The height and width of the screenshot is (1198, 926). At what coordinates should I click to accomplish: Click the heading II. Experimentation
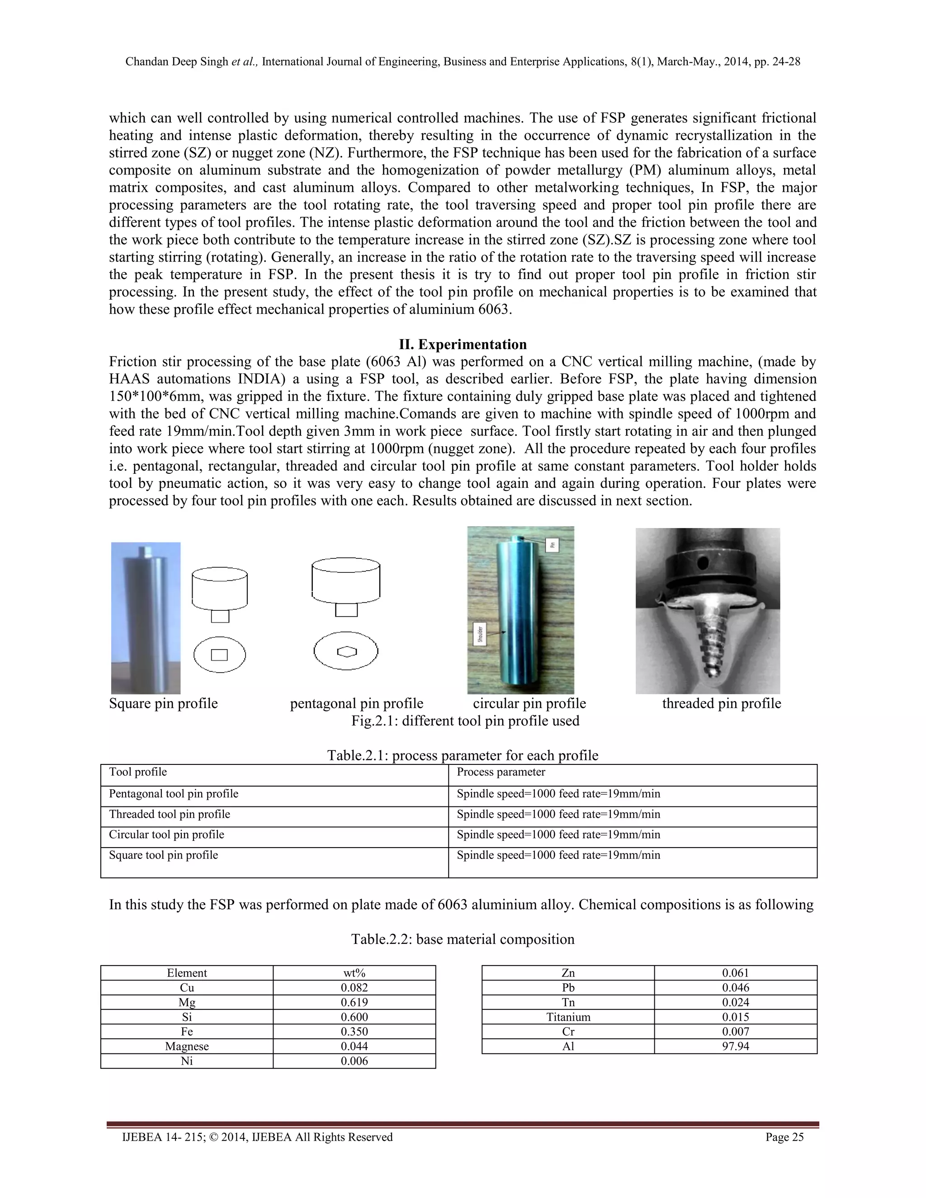(x=463, y=344)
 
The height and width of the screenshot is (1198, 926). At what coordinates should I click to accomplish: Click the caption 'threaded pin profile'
(x=721, y=703)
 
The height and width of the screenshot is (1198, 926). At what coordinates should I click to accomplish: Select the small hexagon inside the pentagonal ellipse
(x=346, y=651)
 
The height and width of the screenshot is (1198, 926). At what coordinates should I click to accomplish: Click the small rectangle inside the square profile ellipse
(x=219, y=655)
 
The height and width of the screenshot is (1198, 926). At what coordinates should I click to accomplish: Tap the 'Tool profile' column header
(x=138, y=772)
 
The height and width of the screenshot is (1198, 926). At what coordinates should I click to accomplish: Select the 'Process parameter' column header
(x=501, y=772)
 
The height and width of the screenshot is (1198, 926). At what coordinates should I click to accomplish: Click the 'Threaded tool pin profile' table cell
(x=170, y=814)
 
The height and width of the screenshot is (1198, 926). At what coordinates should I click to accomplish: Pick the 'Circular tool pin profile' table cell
(x=166, y=835)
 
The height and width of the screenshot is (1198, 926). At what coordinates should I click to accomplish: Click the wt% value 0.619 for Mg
(x=354, y=1002)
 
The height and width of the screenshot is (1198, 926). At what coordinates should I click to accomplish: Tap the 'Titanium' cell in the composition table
(x=568, y=1017)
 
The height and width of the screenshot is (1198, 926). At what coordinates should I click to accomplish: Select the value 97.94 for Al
(x=735, y=1046)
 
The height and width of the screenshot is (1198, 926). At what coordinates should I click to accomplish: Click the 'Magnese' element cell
(x=187, y=1046)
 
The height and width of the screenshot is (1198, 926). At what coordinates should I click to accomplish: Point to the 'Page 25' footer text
(x=784, y=1137)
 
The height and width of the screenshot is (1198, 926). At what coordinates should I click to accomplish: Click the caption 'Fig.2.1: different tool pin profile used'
(x=465, y=721)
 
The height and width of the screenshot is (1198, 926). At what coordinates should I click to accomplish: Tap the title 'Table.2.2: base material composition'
(x=463, y=939)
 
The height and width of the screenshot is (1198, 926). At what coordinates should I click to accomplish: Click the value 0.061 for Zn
(x=735, y=972)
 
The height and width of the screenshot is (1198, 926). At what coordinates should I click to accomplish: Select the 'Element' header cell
(x=187, y=972)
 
